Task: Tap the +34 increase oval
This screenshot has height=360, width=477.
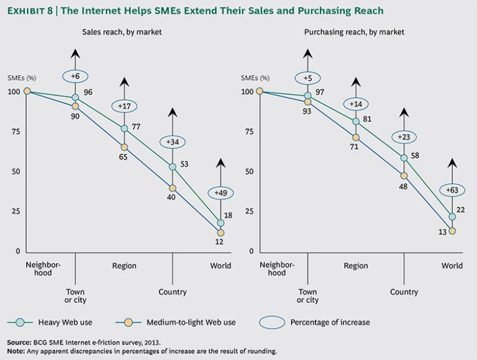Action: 171,142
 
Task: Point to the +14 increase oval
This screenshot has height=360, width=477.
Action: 355,104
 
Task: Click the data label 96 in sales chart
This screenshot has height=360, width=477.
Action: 88,92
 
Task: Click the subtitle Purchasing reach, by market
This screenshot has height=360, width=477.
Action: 355,32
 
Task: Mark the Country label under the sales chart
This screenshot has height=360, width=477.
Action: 172,292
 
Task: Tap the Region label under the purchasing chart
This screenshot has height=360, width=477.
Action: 356,266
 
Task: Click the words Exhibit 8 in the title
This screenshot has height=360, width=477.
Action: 33,11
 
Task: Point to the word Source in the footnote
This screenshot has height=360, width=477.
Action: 19,342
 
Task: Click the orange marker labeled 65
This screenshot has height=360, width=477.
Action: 124,147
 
